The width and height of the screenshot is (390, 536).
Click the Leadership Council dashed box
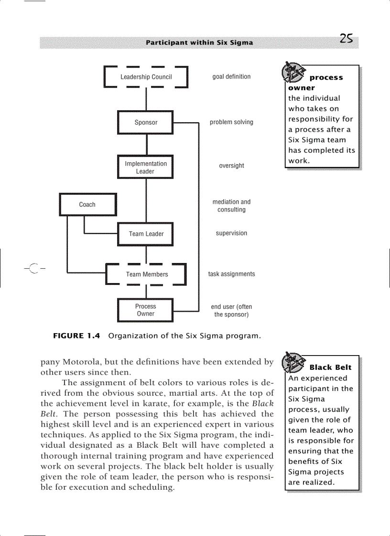coord(146,77)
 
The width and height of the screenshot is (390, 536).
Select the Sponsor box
coord(146,123)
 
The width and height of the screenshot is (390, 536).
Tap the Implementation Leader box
coord(146,167)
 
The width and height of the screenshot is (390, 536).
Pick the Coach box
coord(87,204)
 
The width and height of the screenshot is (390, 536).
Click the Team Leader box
coord(146,234)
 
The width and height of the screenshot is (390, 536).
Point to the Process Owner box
coord(146,310)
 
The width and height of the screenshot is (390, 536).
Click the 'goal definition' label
coord(231,77)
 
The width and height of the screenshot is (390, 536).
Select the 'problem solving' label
coord(231,122)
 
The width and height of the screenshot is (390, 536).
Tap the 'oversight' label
coord(231,166)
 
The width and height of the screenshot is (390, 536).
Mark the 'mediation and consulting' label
coord(231,206)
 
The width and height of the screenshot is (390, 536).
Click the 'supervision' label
coord(231,233)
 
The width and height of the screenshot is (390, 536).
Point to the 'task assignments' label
coord(231,274)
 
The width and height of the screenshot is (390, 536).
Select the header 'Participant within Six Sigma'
coord(199,42)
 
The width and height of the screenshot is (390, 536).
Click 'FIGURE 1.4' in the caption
coord(76,336)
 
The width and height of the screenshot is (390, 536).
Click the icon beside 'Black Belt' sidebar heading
coord(293,363)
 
